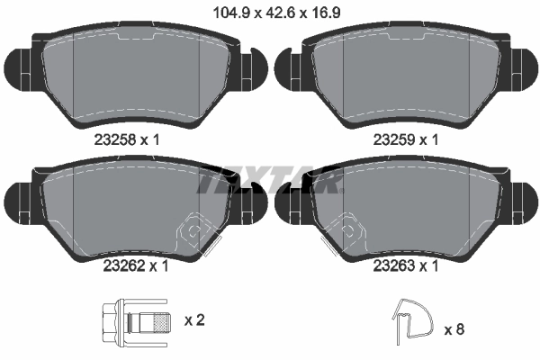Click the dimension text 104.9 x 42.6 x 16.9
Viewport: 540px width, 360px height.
(x=270, y=14)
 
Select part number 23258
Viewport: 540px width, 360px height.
(x=115, y=139)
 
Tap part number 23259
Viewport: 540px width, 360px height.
(x=392, y=139)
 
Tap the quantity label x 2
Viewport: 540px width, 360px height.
(x=193, y=320)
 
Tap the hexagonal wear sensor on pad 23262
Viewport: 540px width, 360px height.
(x=193, y=232)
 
